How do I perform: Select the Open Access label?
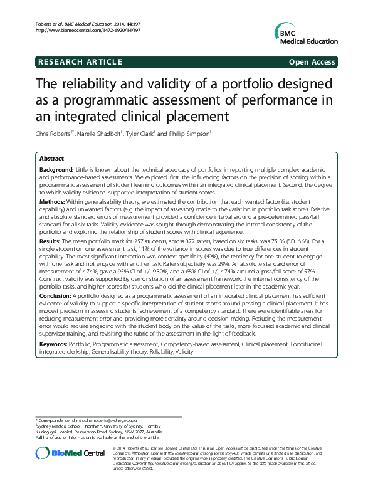312,62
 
